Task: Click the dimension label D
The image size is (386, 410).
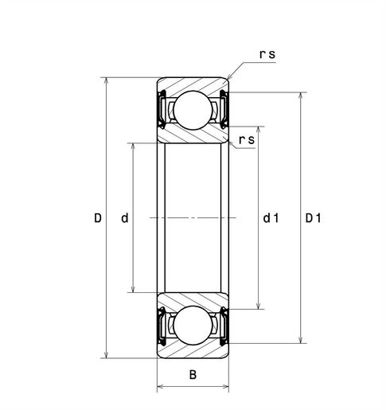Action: tap(98, 218)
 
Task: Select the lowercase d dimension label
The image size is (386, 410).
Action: tap(124, 218)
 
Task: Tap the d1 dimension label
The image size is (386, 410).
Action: tap(270, 218)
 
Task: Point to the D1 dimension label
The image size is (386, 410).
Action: tap(313, 218)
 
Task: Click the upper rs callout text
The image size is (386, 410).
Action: tap(267, 55)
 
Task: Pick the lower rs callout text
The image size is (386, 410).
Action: tap(247, 140)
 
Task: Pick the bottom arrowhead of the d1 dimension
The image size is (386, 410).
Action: tap(259, 305)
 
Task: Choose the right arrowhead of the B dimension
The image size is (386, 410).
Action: tap(226, 389)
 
